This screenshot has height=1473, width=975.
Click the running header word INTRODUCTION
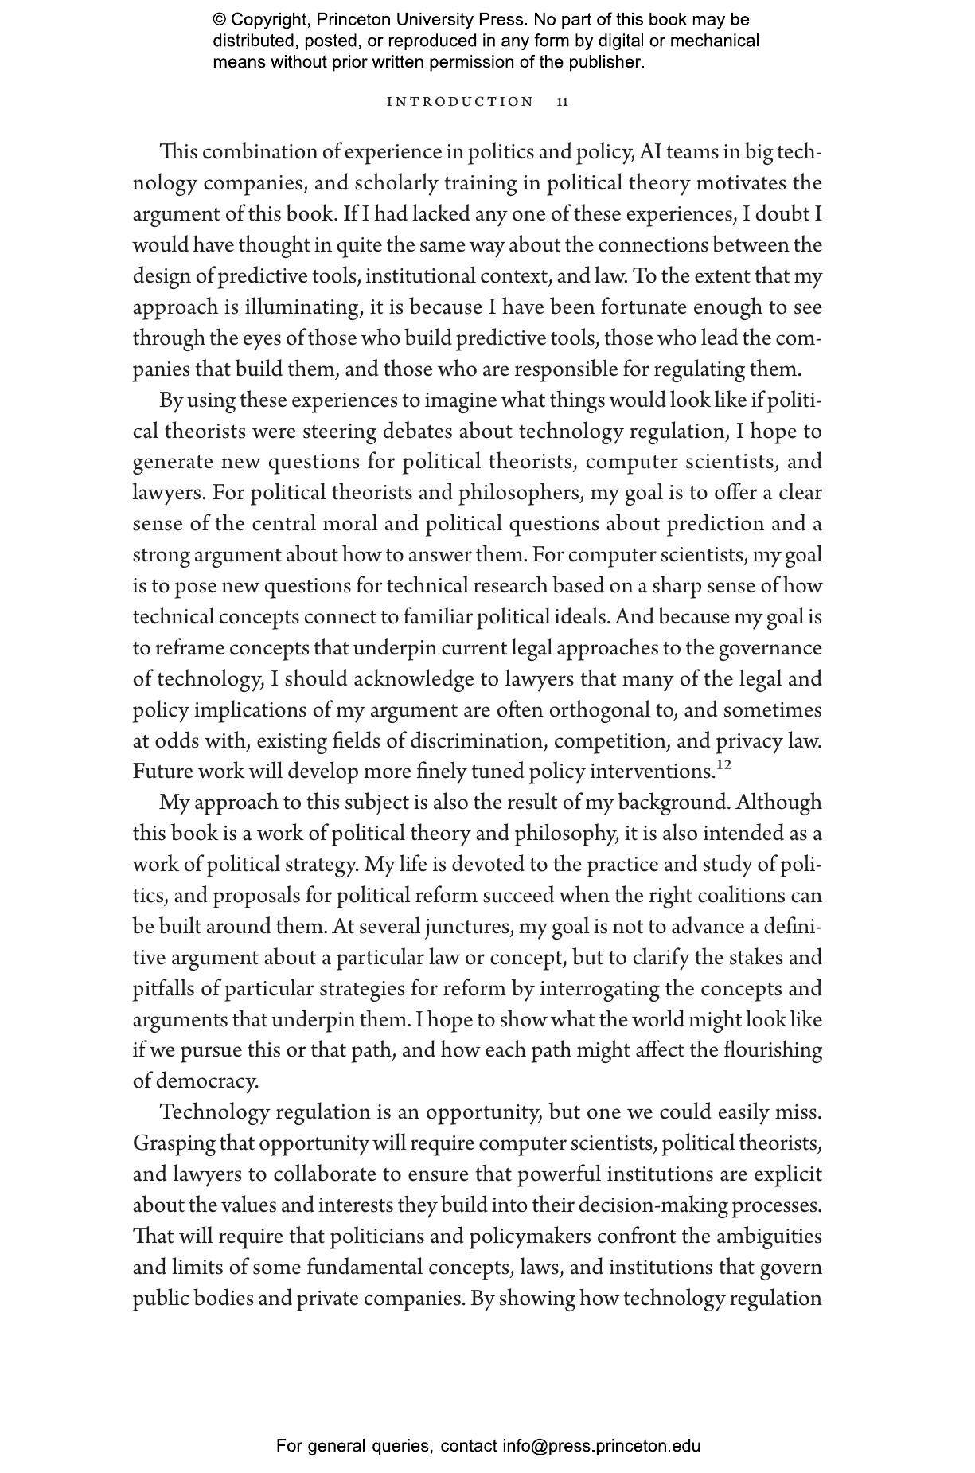point(460,102)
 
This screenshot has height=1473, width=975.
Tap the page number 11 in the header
point(563,102)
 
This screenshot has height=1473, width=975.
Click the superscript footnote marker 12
point(723,765)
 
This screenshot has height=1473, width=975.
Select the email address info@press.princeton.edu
point(601,1446)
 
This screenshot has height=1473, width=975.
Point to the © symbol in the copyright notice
point(219,20)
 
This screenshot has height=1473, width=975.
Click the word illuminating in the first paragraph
point(302,307)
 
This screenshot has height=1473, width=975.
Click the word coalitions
point(741,896)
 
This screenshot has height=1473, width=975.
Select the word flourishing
point(773,1050)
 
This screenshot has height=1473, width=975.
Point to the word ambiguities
point(769,1237)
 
